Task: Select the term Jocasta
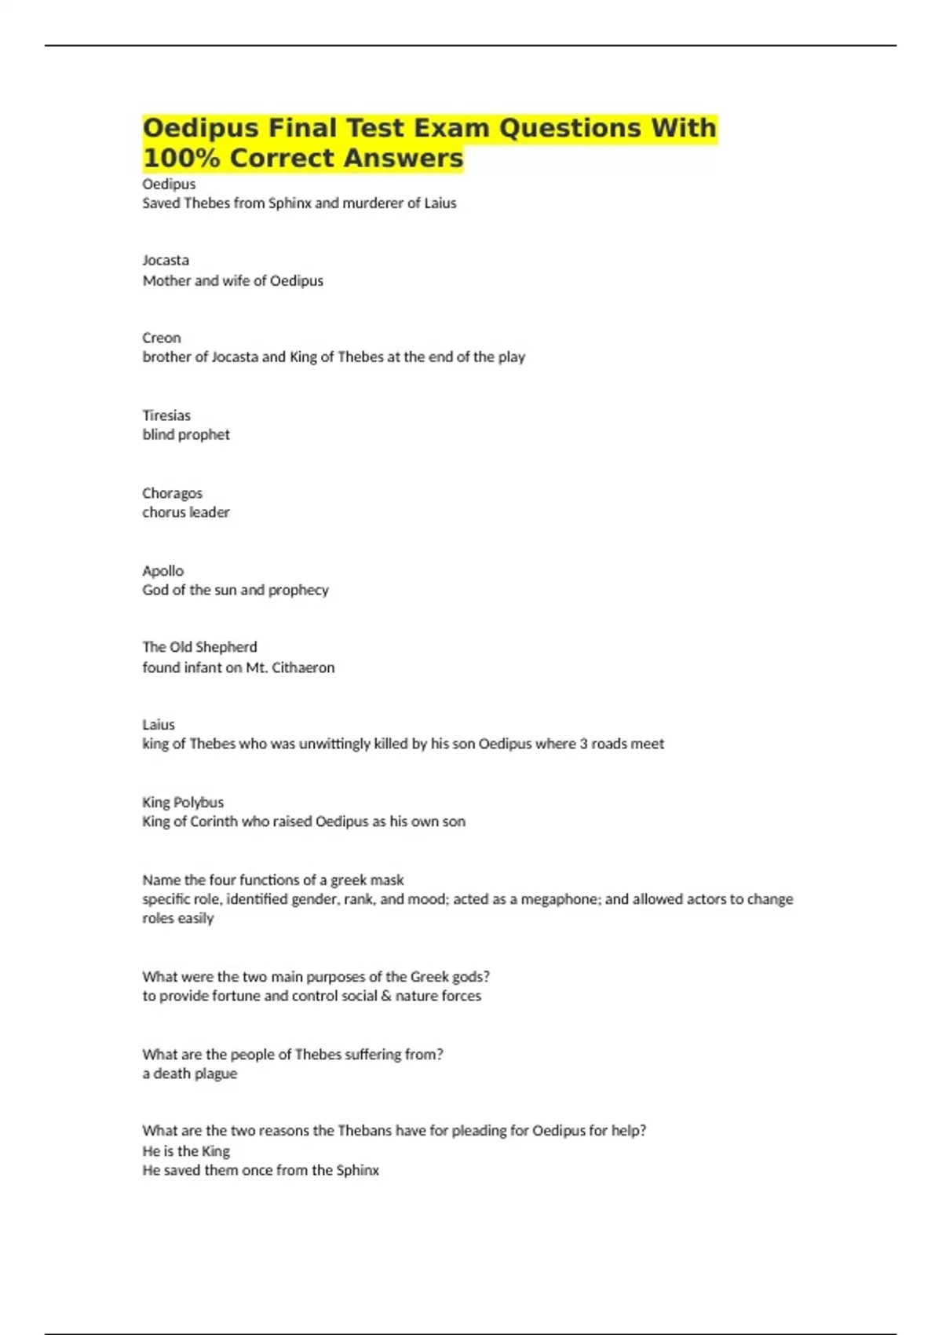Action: click(x=166, y=260)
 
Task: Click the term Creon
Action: click(x=162, y=338)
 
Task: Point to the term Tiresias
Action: click(x=166, y=415)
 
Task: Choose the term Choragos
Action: click(x=172, y=493)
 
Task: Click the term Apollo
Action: click(x=162, y=571)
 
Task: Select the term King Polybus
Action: click(x=183, y=803)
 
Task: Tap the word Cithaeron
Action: click(x=303, y=667)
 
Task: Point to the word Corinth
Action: click(x=214, y=821)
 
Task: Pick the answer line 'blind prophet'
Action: click(x=186, y=434)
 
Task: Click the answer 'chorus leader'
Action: click(x=186, y=512)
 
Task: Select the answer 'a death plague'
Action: click(x=189, y=1073)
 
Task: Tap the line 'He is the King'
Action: click(x=186, y=1151)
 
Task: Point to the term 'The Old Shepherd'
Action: click(x=199, y=647)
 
